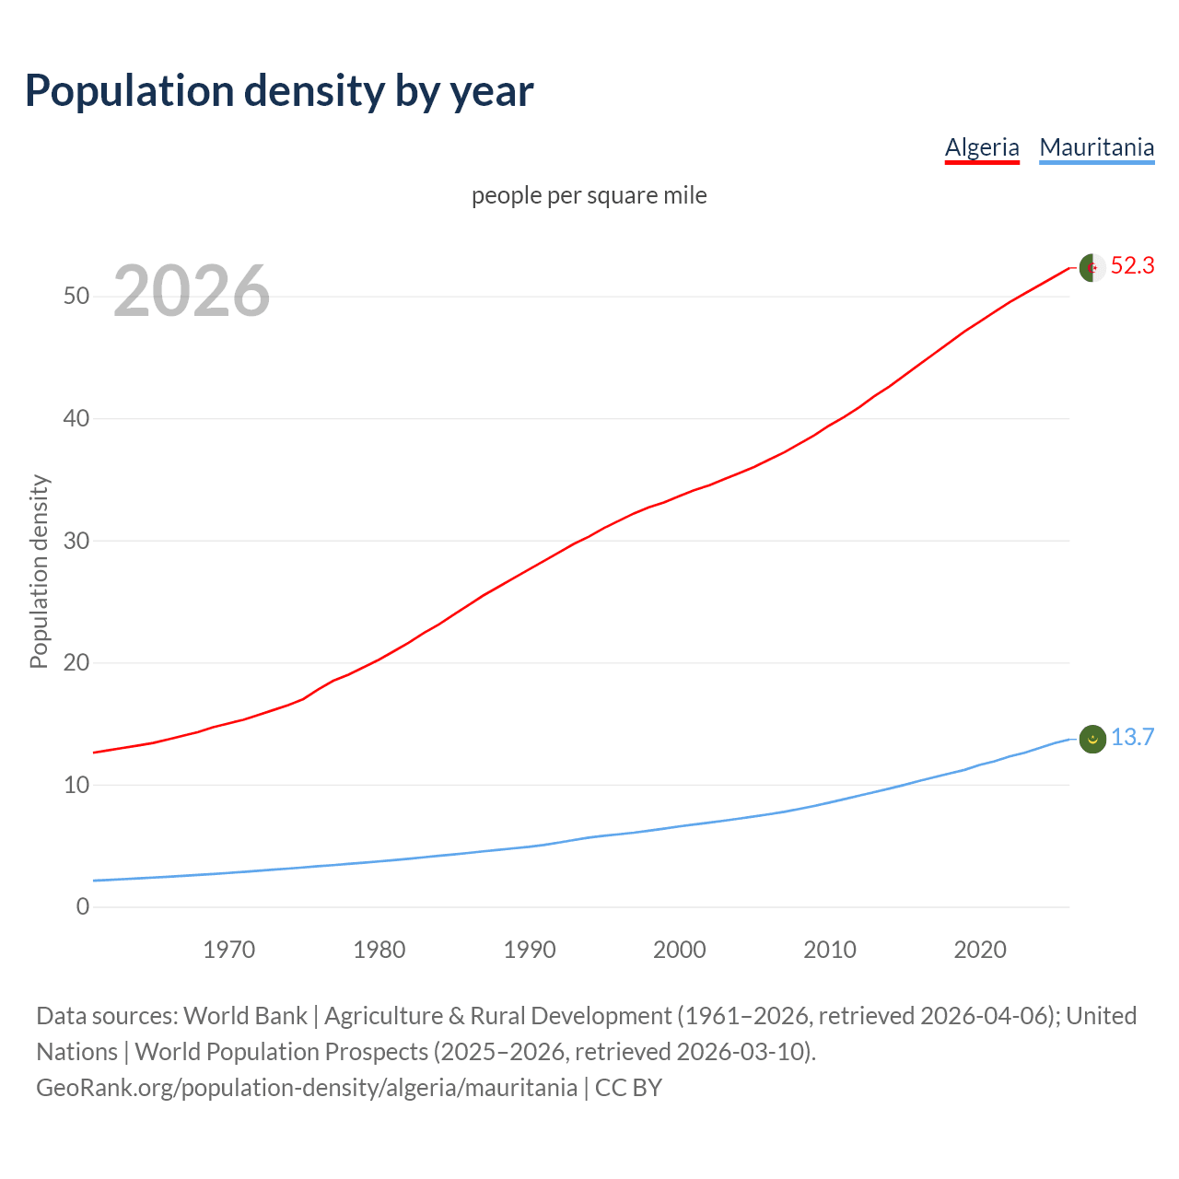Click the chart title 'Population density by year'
(279, 91)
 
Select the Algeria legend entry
(982, 147)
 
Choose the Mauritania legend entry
(1096, 147)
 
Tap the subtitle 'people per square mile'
(589, 195)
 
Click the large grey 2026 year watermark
(192, 291)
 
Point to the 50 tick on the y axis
(76, 297)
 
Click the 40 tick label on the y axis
(76, 419)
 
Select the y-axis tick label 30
(76, 541)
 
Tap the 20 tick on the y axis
(76, 663)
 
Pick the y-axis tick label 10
(76, 786)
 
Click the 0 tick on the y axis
(83, 907)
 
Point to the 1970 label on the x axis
(229, 950)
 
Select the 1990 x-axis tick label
(530, 950)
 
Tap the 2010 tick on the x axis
(830, 950)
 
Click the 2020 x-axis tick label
(980, 950)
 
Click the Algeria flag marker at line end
(1092, 267)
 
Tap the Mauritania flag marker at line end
(1092, 739)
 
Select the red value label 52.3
(1132, 266)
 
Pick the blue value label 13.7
(1132, 738)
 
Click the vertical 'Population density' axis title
(39, 571)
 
